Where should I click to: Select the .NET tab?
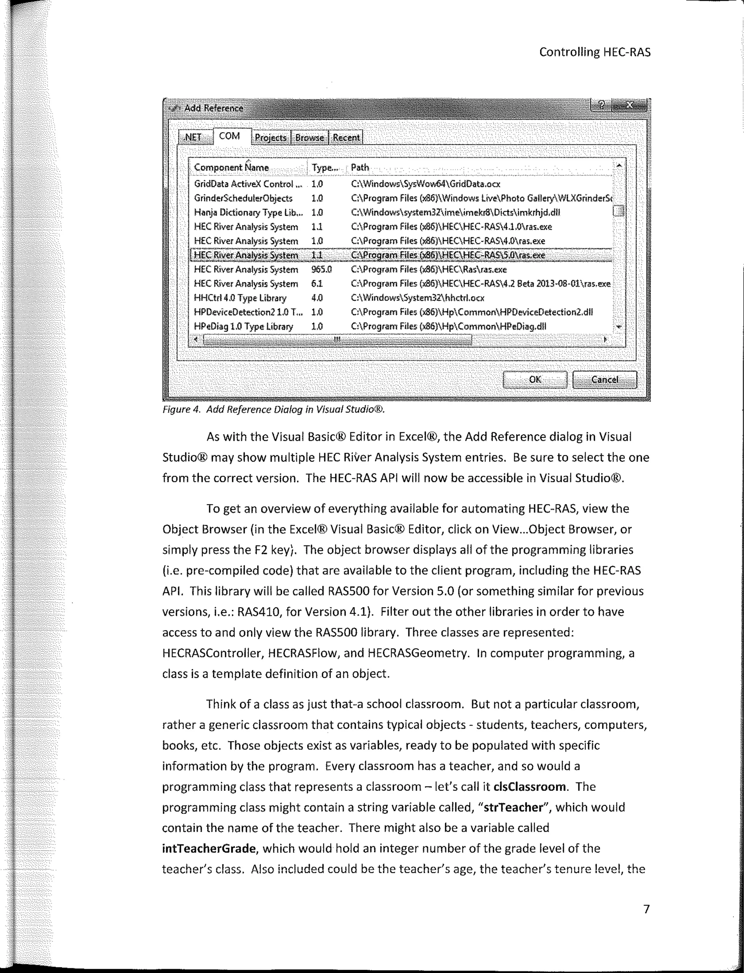(193, 138)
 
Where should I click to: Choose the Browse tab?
(310, 138)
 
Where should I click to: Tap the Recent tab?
(346, 138)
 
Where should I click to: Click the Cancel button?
(604, 380)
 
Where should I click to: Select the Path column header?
(360, 167)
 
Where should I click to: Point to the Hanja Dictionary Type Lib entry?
(248, 212)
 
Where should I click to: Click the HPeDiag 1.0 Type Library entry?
(243, 326)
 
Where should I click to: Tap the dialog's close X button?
(629, 105)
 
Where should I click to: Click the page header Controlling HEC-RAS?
(595, 52)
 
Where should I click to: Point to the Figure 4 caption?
(273, 410)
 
